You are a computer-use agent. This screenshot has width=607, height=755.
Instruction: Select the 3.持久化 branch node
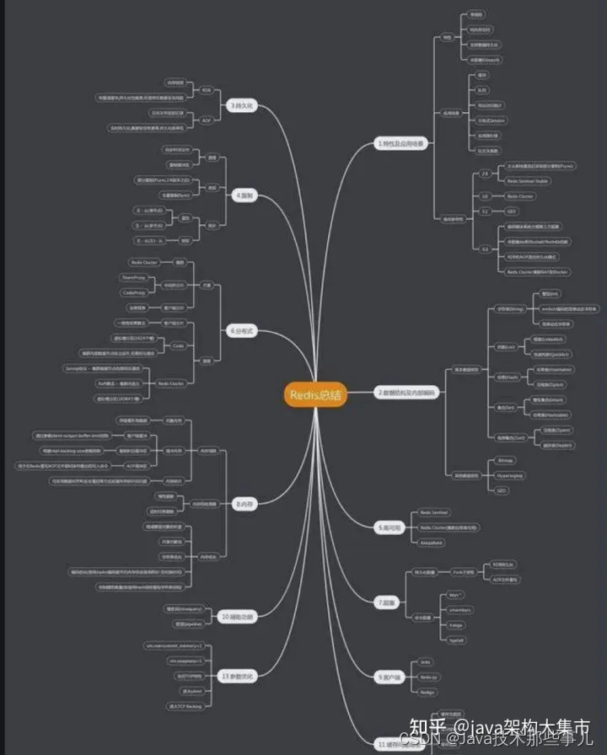242,106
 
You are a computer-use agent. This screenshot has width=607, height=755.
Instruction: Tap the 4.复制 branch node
244,195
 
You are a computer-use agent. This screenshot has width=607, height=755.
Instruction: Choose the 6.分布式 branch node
240,331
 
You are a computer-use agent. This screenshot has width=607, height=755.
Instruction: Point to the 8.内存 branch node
244,504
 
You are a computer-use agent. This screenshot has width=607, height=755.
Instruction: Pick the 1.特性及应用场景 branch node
400,143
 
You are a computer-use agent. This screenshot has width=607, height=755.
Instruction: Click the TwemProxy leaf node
134,277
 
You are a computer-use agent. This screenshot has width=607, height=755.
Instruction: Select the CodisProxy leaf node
134,292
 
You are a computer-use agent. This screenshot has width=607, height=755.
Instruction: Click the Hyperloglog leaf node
509,475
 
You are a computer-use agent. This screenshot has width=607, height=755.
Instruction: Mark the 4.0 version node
484,249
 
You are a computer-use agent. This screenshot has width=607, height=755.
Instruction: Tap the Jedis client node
425,661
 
